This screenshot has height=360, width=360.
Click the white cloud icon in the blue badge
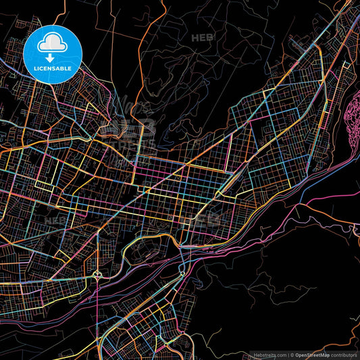53,43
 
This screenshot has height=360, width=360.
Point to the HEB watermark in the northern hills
202,37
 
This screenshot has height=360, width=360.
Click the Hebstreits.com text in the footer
265,355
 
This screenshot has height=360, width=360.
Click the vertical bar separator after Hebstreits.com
288,355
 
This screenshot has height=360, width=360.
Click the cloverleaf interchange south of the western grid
99,274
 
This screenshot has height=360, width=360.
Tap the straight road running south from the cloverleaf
99,311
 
